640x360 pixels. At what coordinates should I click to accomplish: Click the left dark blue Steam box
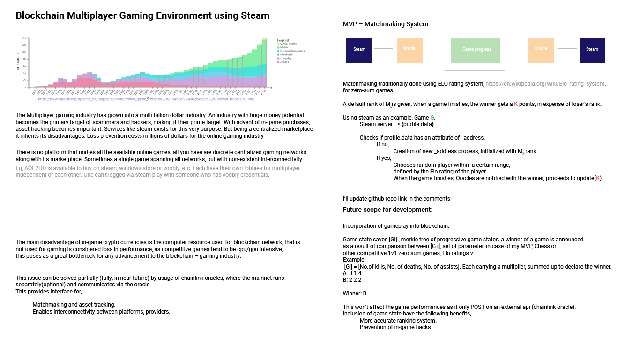pos(359,50)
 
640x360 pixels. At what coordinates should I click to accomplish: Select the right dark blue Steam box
pos(592,50)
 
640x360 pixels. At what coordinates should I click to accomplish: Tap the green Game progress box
pos(475,50)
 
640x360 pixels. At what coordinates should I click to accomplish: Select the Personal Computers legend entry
pos(292,51)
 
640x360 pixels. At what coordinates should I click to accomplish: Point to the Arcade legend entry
pos(284,62)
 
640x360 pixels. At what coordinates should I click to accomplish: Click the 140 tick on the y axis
pos(23,38)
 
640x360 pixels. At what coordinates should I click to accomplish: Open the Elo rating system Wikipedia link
pos(545,84)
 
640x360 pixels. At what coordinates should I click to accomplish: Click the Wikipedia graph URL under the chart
pos(146,99)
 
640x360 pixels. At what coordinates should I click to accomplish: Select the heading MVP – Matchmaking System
pos(385,24)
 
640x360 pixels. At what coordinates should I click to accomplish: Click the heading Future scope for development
pos(387,210)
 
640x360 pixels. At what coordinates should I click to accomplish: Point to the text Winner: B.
pos(355,293)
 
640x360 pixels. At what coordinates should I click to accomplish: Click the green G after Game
pos(432,117)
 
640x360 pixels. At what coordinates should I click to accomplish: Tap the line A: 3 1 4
pos(352,273)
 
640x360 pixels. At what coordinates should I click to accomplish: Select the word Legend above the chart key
pos(283,40)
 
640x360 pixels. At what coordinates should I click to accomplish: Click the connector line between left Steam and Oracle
pos(383,48)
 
